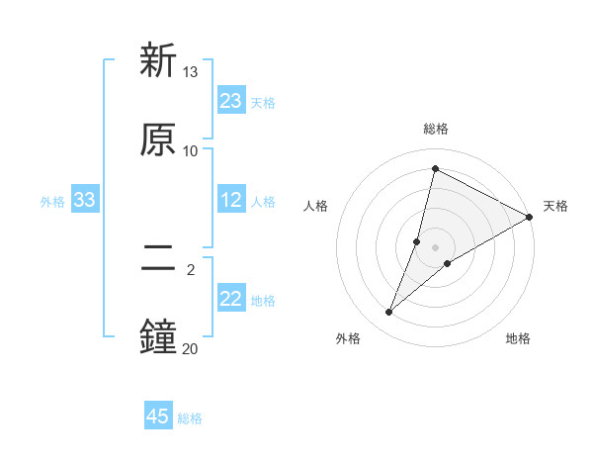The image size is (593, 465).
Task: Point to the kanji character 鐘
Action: click(158, 336)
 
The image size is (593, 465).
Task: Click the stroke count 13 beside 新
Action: click(191, 72)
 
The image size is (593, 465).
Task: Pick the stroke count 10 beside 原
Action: click(191, 151)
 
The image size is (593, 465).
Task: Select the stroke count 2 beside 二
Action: click(191, 269)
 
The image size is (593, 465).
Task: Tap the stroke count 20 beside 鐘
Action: click(191, 348)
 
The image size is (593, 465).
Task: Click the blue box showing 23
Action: click(231, 101)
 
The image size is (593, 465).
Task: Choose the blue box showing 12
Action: click(231, 200)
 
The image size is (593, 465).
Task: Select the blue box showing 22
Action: click(231, 299)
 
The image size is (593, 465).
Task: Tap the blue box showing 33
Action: click(85, 200)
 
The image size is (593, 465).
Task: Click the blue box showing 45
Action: click(158, 417)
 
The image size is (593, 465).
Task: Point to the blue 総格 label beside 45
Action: click(190, 418)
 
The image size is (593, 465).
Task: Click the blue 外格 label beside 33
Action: click(52, 202)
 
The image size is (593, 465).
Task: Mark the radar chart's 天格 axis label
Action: click(555, 206)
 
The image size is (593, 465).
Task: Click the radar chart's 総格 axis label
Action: click(436, 129)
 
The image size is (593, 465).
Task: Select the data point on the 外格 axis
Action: click(389, 313)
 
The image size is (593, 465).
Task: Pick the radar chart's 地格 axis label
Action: click(518, 338)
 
